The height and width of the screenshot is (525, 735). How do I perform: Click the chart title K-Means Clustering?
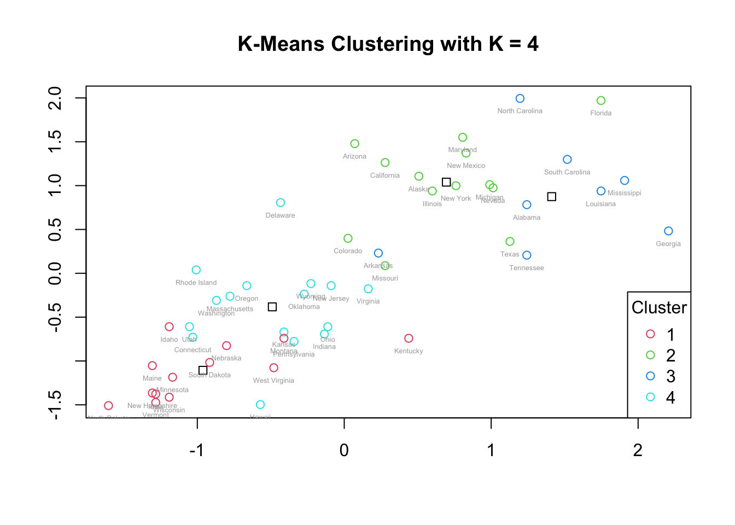(x=388, y=44)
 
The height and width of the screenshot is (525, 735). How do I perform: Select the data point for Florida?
(x=600, y=101)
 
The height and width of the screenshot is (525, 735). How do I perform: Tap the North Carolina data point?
(x=520, y=98)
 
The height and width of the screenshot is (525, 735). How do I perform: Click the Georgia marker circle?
(x=668, y=231)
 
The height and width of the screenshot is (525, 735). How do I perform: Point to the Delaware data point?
(x=280, y=203)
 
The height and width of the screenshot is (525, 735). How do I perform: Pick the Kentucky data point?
(x=409, y=339)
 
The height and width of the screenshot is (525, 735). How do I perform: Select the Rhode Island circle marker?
(x=196, y=270)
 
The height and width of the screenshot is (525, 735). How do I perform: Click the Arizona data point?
(x=354, y=144)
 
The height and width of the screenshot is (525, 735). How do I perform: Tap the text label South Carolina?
(x=567, y=172)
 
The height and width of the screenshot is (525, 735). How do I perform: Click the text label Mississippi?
(x=624, y=193)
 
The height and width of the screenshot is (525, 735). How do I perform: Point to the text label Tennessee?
(x=526, y=268)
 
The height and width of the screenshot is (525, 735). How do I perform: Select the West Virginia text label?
(x=273, y=381)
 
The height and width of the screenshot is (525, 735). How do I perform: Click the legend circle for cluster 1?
(x=650, y=334)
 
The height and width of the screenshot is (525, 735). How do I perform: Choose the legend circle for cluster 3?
(x=650, y=376)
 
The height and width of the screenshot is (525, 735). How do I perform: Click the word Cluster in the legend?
(x=658, y=307)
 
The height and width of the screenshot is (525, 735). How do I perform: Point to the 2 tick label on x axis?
(x=637, y=450)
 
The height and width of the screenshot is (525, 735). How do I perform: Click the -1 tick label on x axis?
(x=196, y=450)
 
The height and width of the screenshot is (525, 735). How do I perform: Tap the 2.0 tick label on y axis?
(x=55, y=98)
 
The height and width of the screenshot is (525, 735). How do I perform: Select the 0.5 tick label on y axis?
(x=55, y=230)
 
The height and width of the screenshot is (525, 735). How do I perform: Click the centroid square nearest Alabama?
(x=551, y=197)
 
